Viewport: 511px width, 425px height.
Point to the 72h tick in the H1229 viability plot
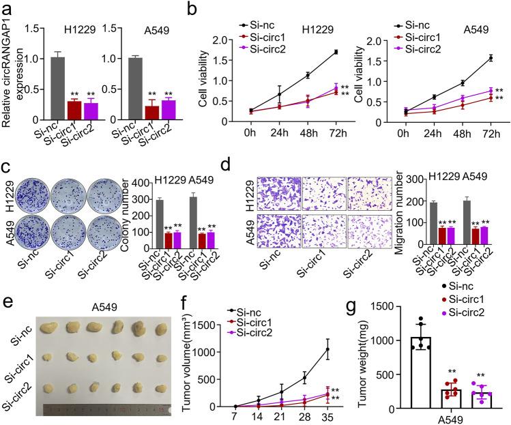(336, 136)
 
